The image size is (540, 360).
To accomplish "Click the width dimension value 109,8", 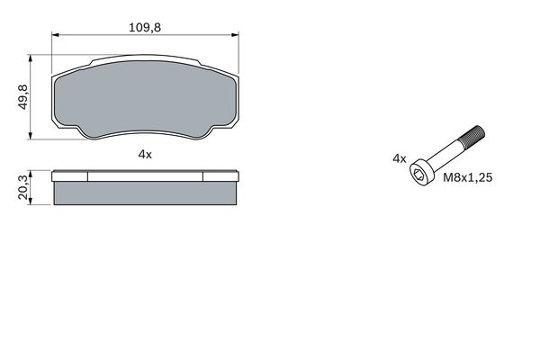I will click(146, 28).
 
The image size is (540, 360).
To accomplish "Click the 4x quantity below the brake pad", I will click(146, 155).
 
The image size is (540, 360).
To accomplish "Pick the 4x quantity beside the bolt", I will click(399, 157).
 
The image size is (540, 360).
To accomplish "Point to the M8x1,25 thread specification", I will click(468, 178).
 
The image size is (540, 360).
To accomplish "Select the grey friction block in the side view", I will click(146, 193).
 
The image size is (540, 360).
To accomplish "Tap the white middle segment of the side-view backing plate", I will click(146, 176).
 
